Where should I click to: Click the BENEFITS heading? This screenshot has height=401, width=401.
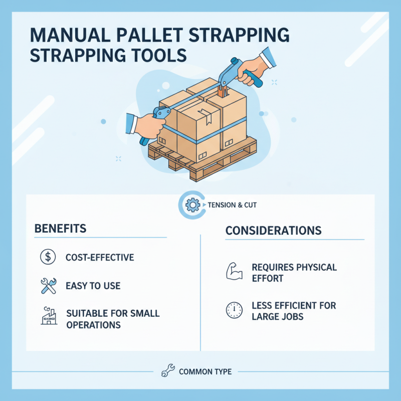[60, 229]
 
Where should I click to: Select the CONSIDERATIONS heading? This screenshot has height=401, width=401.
[273, 231]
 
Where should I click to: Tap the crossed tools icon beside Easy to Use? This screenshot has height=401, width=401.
[48, 286]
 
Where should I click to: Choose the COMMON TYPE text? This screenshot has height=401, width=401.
[205, 372]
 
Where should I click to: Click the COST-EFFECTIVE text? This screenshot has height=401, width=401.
[100, 258]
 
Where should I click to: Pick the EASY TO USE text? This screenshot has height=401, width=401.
[93, 286]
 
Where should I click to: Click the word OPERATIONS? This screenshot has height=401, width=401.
[94, 324]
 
